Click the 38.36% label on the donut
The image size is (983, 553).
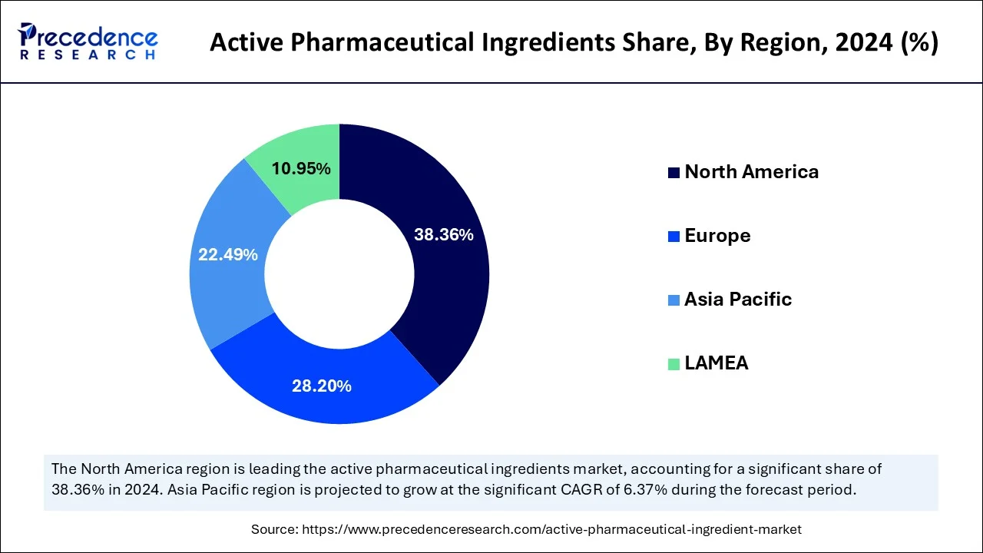click(x=443, y=235)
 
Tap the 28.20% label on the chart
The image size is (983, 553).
click(x=321, y=386)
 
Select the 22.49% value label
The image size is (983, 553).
click(x=228, y=254)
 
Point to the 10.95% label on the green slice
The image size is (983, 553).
click(x=301, y=168)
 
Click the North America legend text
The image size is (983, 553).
click(x=751, y=172)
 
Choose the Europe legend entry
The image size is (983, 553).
click(x=717, y=236)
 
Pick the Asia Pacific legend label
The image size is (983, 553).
click(x=737, y=300)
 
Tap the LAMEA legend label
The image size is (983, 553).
click(x=716, y=363)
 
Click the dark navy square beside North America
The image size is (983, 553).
click(x=674, y=173)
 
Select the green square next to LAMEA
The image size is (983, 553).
click(x=674, y=364)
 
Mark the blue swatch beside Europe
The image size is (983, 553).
click(x=674, y=237)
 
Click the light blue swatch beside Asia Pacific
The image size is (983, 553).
click(x=674, y=300)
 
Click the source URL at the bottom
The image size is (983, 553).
click(x=551, y=529)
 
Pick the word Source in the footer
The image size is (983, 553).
click(x=274, y=529)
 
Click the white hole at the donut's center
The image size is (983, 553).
click(x=339, y=274)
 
